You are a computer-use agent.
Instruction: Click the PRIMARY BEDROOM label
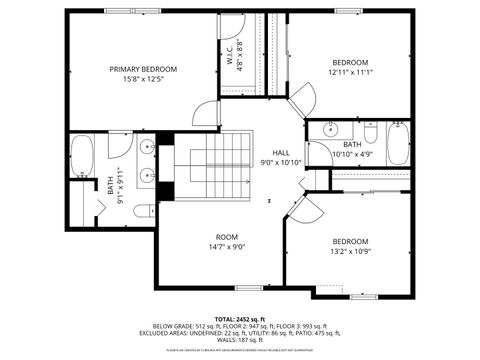[x=143, y=69]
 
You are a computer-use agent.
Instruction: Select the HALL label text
[x=281, y=152]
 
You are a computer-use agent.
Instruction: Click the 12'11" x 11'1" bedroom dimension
[x=350, y=72]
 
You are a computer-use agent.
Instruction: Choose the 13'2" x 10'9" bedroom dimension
[x=350, y=252]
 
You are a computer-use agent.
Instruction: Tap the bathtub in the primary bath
[x=82, y=158]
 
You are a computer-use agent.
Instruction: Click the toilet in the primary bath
[x=143, y=210]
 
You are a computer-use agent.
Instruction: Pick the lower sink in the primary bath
[x=148, y=178]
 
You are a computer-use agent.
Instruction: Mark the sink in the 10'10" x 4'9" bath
[x=329, y=128]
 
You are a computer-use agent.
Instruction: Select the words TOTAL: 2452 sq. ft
[x=239, y=318]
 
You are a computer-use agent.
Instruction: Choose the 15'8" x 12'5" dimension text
[x=143, y=79]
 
